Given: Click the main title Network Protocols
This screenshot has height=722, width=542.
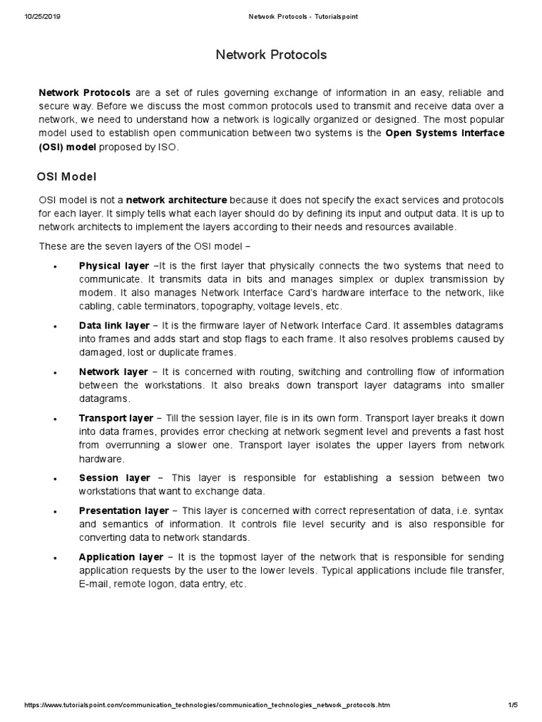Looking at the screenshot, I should click(271, 55).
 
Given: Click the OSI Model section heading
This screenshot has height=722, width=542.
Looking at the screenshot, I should click(66, 176).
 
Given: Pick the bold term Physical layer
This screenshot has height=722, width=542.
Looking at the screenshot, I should click(114, 266).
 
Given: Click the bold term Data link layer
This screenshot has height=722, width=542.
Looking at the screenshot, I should click(114, 326).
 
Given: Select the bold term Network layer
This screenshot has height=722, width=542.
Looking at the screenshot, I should click(113, 372).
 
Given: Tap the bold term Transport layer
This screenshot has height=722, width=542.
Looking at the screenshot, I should click(116, 418).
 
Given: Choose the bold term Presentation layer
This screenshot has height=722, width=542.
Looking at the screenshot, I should click(124, 510).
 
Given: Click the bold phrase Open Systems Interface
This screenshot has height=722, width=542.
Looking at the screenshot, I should click(445, 133).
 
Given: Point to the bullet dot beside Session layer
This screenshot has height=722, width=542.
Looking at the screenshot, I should click(54, 479).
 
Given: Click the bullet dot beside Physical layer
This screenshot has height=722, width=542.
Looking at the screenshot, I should click(54, 267).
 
